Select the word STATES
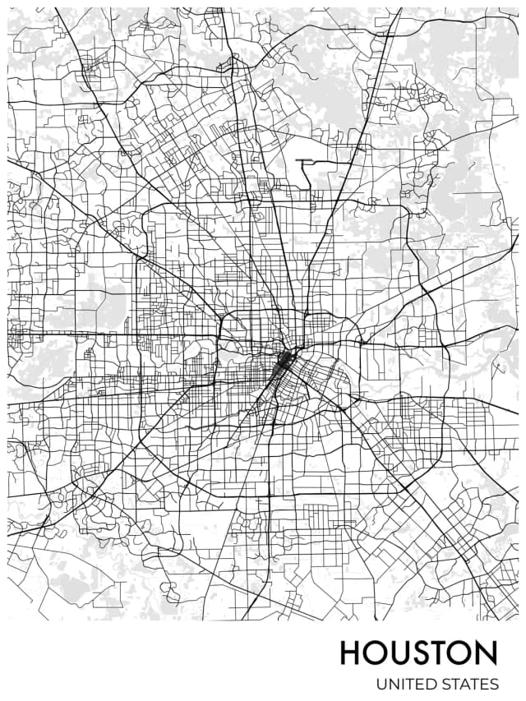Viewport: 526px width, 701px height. (468, 684)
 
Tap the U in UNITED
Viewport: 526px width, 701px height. (381, 684)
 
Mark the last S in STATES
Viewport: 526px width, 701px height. (494, 684)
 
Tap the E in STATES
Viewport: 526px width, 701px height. (483, 684)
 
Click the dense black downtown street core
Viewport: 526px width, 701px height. (284, 362)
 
